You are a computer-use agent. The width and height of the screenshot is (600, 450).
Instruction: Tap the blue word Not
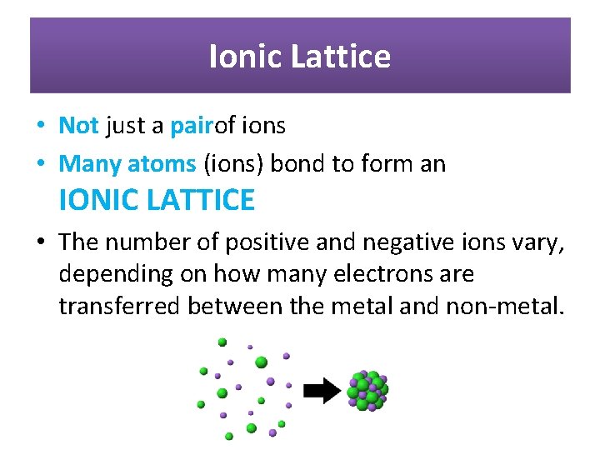point(78,126)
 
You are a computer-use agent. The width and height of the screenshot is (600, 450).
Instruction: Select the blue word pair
point(192,126)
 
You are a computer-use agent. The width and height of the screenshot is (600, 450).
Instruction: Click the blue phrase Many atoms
point(127,164)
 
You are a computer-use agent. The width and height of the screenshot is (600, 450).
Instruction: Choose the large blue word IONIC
point(100,200)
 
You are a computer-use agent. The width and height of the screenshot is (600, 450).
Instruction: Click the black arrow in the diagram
point(321,390)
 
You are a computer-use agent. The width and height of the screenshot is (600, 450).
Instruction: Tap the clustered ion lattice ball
point(367,390)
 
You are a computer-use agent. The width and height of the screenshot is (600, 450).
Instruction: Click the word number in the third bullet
point(142,242)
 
